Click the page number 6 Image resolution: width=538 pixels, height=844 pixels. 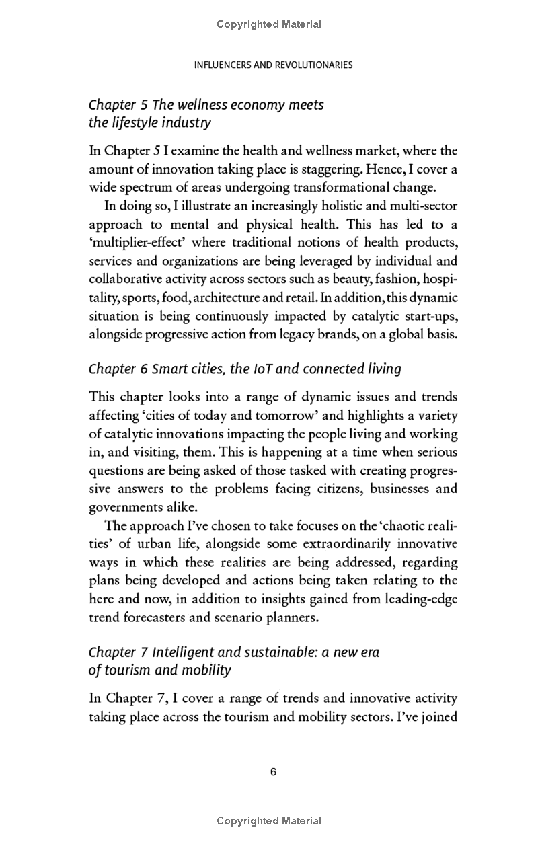coord(273,772)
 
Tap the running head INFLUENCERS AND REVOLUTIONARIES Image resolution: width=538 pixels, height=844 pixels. coord(273,65)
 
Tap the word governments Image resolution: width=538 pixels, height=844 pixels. coord(124,506)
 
